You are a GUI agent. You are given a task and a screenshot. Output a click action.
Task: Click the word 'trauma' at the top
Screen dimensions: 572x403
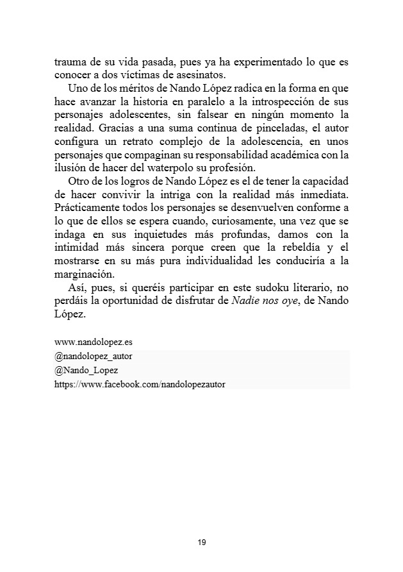point(68,63)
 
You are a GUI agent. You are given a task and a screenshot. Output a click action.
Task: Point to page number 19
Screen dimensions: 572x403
point(202,543)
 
